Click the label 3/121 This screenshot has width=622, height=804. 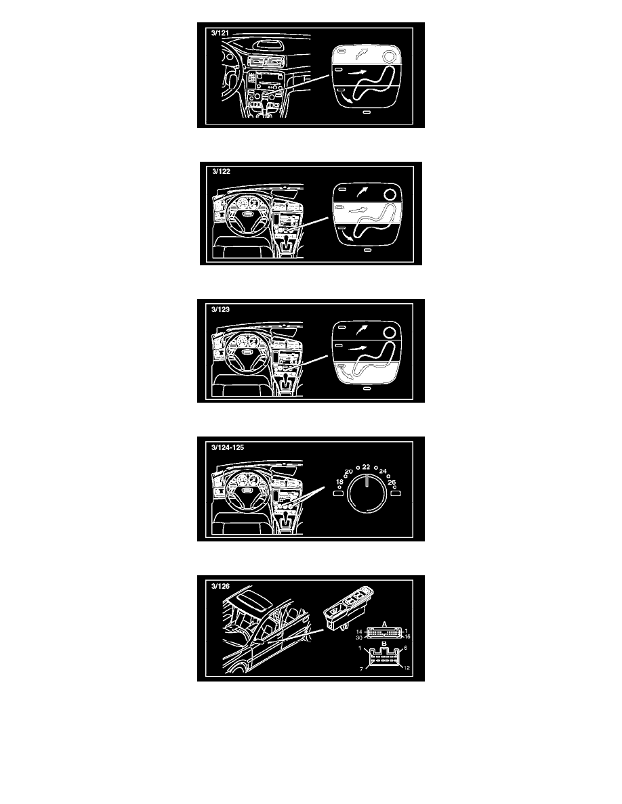pos(220,32)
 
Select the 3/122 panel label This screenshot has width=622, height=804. pos(221,171)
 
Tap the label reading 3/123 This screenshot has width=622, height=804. pos(220,309)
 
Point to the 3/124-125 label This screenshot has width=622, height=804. pos(228,447)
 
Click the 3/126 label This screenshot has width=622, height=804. pos(220,586)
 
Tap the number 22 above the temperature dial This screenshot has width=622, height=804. pos(366,467)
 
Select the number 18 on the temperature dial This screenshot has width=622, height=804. pos(339,482)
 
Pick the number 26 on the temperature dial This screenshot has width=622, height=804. pos(392,482)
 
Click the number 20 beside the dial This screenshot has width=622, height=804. pos(348,471)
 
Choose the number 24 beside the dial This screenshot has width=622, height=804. pos(383,471)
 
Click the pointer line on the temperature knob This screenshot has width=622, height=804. pos(367,481)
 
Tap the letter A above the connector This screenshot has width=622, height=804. pos(384,624)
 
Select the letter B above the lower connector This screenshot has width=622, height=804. pos(384,644)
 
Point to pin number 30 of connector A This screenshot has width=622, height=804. pos(359,638)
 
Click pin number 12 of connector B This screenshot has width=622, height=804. pos(407,667)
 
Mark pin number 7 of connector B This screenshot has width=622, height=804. pos(361,669)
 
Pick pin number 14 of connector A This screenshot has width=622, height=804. pos(359,631)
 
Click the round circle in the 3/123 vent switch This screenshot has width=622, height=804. pos(390,333)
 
